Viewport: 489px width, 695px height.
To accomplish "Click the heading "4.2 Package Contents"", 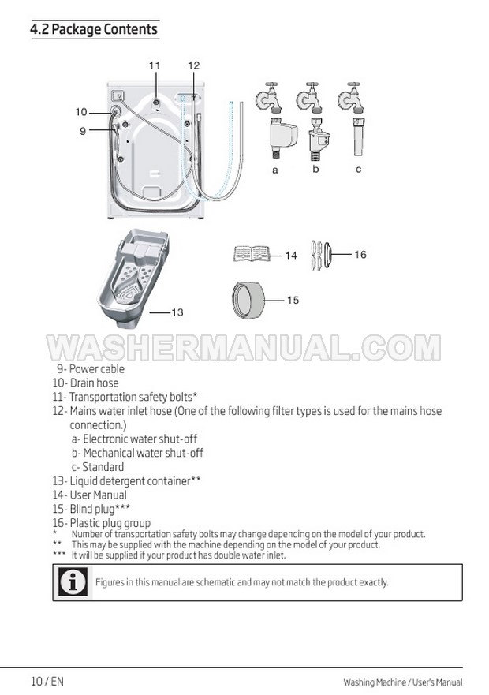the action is (x=94, y=29).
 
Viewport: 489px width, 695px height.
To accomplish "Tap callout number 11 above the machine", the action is (x=155, y=65).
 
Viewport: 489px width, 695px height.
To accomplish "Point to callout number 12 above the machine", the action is (x=194, y=65).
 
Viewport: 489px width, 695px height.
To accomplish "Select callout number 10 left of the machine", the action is (x=81, y=112).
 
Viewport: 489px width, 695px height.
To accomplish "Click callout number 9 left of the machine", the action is (x=83, y=131).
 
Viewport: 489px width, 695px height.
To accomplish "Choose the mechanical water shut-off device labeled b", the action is (x=319, y=139).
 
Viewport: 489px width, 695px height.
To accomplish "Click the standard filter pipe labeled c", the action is (x=358, y=136).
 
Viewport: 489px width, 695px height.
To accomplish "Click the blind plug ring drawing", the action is (x=248, y=300).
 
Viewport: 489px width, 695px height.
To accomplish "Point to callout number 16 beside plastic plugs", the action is (x=360, y=255).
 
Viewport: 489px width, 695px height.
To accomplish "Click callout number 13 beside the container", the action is (x=177, y=312).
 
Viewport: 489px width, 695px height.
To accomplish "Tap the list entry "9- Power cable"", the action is (x=91, y=368).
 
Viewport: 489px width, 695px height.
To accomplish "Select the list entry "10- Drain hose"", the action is (x=85, y=383).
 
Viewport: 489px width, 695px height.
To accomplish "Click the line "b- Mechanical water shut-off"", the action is (x=137, y=453).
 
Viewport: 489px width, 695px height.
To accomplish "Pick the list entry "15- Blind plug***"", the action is (x=91, y=509).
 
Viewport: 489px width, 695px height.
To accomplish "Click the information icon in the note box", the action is (x=73, y=582).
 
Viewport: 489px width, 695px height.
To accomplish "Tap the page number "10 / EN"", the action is (x=47, y=681).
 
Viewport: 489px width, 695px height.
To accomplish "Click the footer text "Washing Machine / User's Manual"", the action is (x=402, y=682).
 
